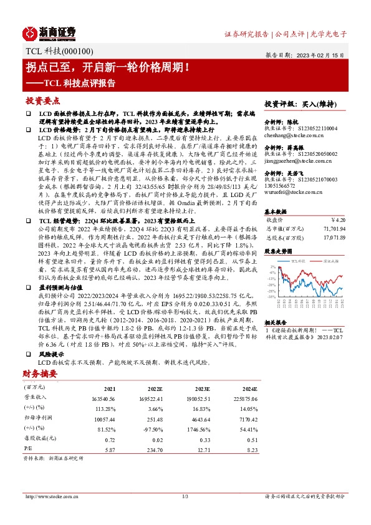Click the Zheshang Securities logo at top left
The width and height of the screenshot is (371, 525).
pos(49,32)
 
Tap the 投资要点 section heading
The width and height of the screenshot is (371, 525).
pos(42,100)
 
